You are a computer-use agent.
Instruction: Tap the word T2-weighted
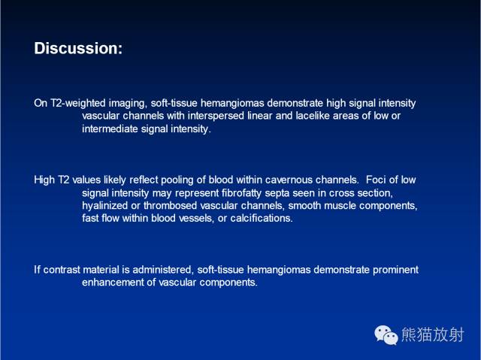(78, 103)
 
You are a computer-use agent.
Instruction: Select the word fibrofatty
(241, 193)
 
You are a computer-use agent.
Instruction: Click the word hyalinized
(104, 205)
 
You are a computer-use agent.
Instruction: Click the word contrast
(62, 270)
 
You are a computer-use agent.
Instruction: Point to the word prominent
(395, 270)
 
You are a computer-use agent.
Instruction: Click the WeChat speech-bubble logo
(386, 335)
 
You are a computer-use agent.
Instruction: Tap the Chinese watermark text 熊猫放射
(432, 334)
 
